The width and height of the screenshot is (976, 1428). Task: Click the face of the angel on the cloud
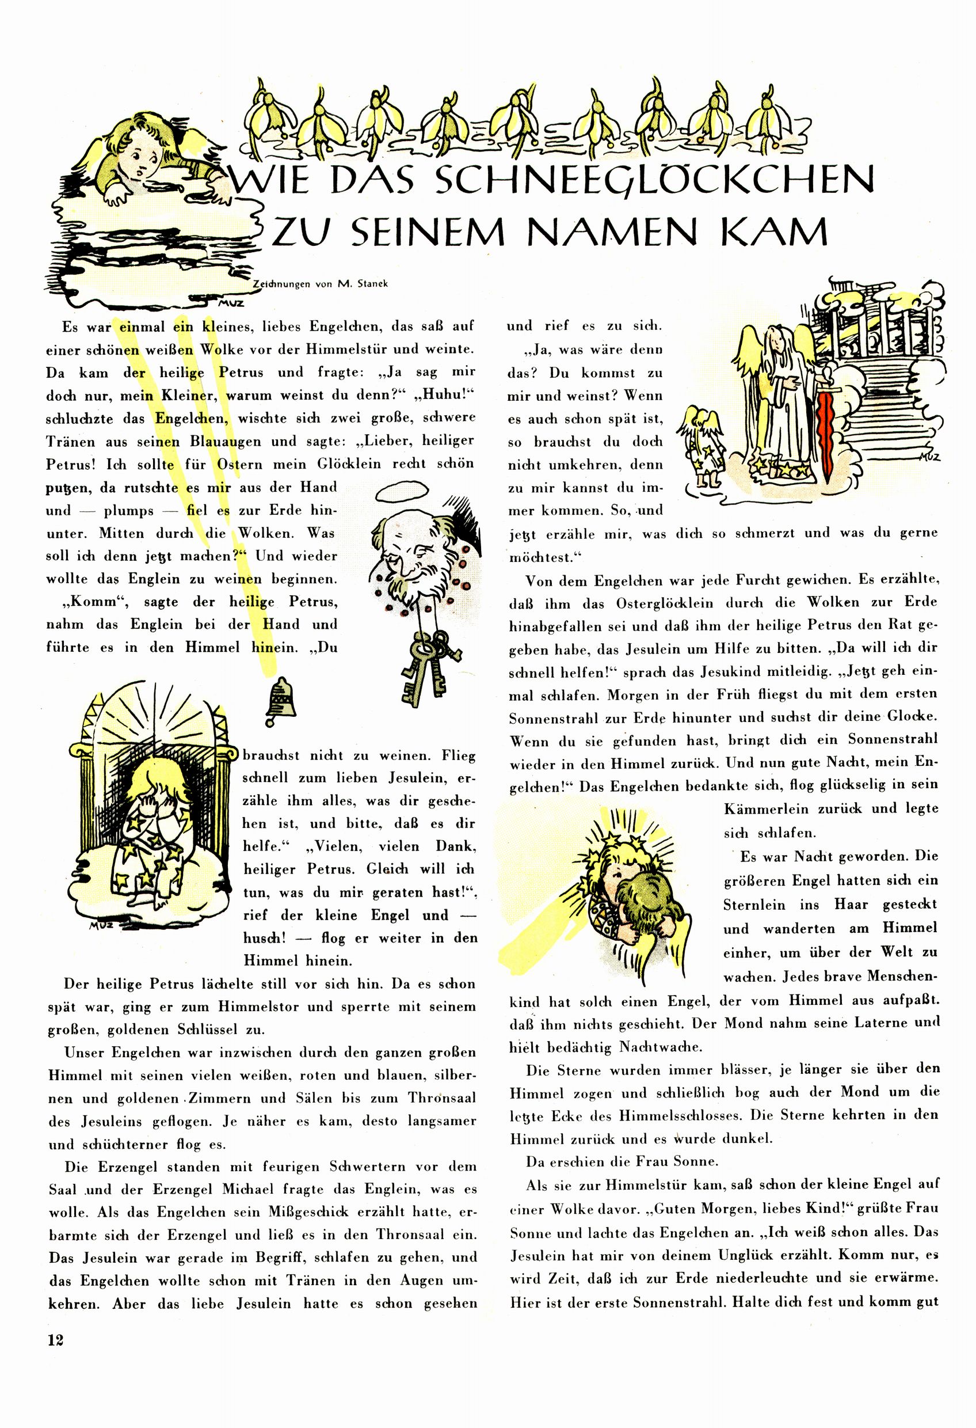tap(139, 162)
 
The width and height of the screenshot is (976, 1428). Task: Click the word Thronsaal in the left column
tap(442, 1098)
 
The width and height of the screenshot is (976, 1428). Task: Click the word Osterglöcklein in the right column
tap(665, 603)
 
